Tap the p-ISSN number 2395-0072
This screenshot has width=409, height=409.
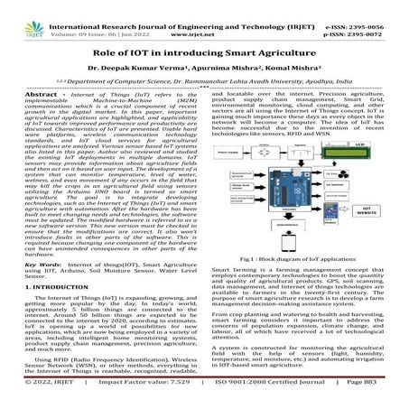386,15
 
